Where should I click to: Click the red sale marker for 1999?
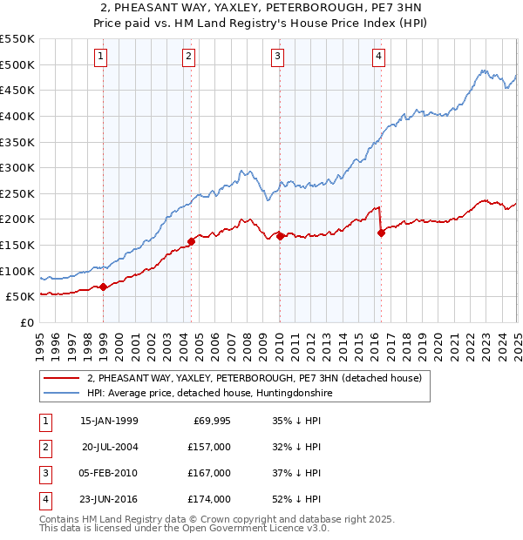pyautogui.click(x=104, y=287)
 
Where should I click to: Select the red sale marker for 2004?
pyautogui.click(x=191, y=241)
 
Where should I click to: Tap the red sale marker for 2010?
pyautogui.click(x=280, y=236)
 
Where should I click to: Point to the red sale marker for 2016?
pyautogui.click(x=381, y=233)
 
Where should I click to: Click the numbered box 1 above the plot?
pyautogui.click(x=101, y=57)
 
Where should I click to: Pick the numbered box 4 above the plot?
pyautogui.click(x=379, y=57)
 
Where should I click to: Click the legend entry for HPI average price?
pyautogui.click(x=208, y=393)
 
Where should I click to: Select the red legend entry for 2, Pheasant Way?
pyautogui.click(x=254, y=378)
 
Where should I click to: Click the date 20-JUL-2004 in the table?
pyautogui.click(x=110, y=447)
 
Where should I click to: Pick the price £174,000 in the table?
pyautogui.click(x=209, y=499)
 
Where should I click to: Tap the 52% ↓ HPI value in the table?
pyautogui.click(x=296, y=499)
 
